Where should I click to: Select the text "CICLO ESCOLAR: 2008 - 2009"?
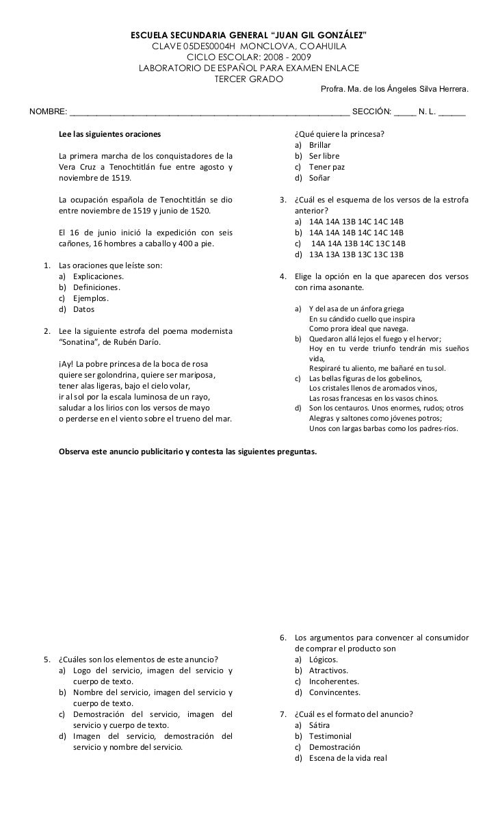point(248,57)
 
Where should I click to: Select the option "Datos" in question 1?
point(85,309)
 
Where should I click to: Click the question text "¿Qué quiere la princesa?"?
point(339,134)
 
